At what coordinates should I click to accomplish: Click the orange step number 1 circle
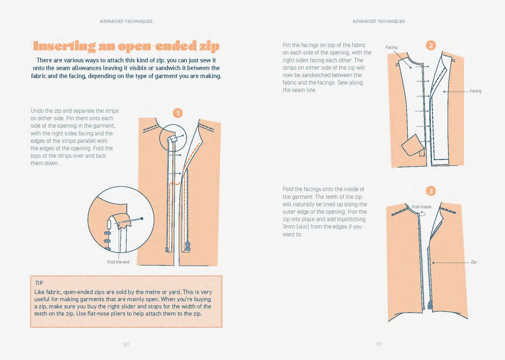pos(178,113)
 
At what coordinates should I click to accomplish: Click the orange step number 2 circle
pos(431,45)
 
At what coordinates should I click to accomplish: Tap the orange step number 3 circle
pos(431,191)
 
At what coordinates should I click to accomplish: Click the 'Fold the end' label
pos(118,262)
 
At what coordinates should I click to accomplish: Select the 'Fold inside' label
pos(421,207)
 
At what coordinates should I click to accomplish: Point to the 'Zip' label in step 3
pos(474,262)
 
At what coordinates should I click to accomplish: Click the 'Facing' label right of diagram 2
pos(475,91)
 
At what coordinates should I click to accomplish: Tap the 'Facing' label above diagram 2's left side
pos(391,47)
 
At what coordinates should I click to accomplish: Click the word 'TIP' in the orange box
pos(39,283)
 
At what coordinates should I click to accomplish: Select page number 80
pos(126,344)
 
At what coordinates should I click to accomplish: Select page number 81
pos(379,344)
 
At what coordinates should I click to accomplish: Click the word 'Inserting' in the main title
pos(64,46)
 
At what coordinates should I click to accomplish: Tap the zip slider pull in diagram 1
pos(187,245)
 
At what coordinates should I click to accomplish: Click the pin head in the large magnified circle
pos(142,218)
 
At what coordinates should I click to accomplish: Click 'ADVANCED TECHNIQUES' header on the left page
pos(126,21)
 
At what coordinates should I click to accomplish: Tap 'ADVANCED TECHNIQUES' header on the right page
pos(379,21)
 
